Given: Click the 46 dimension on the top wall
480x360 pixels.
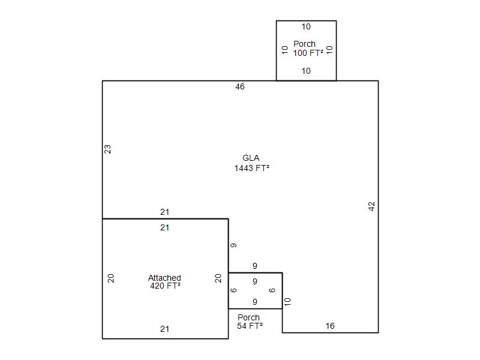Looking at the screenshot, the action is pos(240,86).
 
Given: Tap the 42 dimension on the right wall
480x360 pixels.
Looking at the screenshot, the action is pos(371,206).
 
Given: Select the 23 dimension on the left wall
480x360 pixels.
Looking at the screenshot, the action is pos(107,149).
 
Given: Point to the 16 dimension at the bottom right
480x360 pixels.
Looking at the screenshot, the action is pos(330,326).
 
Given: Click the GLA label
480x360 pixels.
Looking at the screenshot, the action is pos(251,158).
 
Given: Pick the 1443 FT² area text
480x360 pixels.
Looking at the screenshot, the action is pos(251,168).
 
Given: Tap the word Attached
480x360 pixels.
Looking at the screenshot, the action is pos(164,278).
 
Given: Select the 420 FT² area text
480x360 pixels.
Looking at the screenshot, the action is pos(166,286).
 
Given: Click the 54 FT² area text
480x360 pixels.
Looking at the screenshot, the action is pos(250,326).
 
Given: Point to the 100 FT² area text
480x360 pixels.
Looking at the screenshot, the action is pos(308,53).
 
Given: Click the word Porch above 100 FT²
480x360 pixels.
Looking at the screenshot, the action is pos(304,44).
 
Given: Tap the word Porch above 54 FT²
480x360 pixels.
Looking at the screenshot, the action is pos(248,317).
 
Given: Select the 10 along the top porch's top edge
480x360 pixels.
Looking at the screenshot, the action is pos(306,26).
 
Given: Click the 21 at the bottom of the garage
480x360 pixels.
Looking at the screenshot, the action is pos(164,329).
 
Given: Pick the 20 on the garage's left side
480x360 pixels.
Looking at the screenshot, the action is pos(111,278).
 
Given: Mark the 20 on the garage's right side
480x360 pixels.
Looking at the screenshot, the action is pos(218,278).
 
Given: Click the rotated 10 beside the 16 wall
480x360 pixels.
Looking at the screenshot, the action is pos(287,302).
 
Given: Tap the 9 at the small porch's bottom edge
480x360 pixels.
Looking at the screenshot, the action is pos(255,302).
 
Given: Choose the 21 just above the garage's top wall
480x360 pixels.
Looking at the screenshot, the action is pos(164,212).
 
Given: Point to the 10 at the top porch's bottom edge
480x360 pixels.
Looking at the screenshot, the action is pos(306,71).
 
